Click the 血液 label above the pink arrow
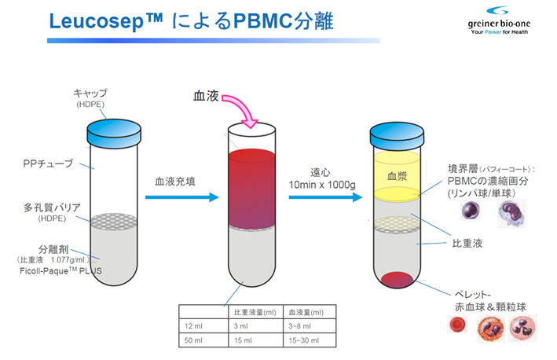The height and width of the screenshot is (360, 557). coord(207,96)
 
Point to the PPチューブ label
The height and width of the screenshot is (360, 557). coord(48,163)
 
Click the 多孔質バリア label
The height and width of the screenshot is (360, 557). coord(50,208)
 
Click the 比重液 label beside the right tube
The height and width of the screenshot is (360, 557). coord(471,244)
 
